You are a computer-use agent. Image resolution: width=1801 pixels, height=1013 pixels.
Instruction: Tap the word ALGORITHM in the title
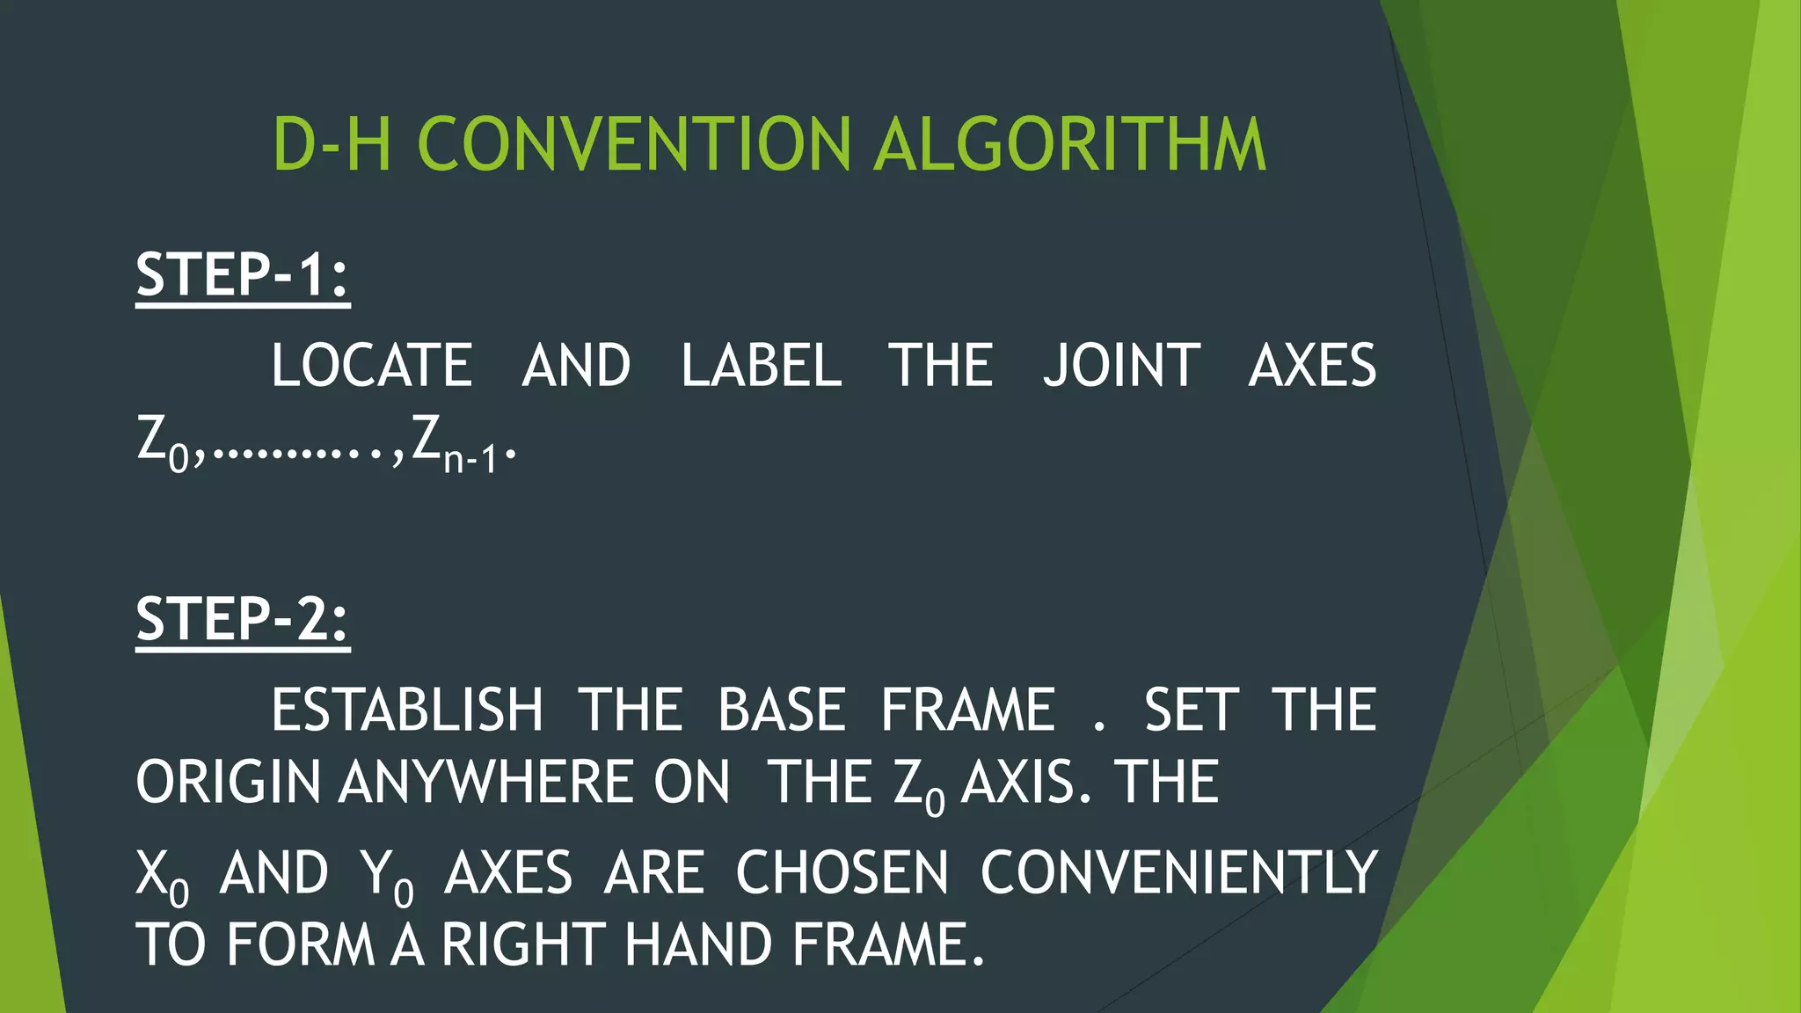(1069, 144)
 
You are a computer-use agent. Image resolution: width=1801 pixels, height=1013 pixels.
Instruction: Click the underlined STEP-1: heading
(243, 274)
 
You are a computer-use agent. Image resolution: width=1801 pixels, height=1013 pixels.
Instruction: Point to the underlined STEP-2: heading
(243, 619)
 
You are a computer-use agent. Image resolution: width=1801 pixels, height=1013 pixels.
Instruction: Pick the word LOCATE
(371, 366)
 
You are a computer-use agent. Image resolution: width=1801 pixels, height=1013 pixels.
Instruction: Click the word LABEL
(762, 366)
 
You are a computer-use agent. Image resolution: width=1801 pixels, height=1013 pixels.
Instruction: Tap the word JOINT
(1121, 366)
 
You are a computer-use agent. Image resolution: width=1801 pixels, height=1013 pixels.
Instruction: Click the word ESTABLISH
(406, 711)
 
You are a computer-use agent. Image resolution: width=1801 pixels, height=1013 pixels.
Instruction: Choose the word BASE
(781, 711)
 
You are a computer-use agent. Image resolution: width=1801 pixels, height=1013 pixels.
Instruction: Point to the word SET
(1191, 711)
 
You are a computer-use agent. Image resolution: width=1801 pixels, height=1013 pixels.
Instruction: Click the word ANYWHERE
(535, 783)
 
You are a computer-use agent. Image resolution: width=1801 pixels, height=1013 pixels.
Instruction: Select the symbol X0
(163, 876)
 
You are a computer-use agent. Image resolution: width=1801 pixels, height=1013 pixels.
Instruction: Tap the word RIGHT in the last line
(524, 945)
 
